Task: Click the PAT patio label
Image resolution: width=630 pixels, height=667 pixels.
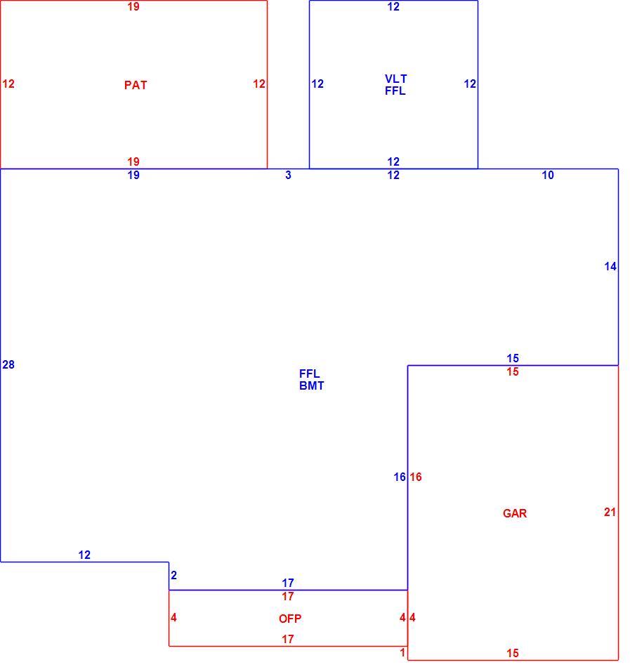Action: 136,85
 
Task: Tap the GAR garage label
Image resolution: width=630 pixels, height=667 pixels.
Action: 515,513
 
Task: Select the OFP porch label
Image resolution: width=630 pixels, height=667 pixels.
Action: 290,619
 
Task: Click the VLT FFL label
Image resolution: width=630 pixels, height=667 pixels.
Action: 395,85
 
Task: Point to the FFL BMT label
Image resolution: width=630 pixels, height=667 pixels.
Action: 311,379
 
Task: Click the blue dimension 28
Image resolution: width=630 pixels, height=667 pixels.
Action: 8,364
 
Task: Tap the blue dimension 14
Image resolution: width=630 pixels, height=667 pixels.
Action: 610,266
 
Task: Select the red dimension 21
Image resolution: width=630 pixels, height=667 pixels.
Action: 610,512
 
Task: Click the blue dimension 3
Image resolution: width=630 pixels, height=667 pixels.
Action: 288,175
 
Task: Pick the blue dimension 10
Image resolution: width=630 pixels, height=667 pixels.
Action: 548,175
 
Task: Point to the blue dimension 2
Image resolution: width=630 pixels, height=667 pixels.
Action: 173,575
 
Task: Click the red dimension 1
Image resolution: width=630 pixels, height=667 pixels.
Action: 402,652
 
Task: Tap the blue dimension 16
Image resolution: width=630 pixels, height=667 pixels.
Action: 400,477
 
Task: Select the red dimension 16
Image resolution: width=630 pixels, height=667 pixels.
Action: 416,477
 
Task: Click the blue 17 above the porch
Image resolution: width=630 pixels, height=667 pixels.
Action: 288,583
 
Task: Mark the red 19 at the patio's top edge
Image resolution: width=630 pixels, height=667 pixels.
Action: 133,7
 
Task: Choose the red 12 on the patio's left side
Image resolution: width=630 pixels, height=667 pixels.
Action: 8,84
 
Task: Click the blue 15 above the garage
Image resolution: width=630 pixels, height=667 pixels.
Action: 513,358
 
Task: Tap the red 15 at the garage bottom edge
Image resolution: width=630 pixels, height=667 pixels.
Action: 513,653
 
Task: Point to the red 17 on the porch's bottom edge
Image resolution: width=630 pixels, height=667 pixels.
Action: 288,639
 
